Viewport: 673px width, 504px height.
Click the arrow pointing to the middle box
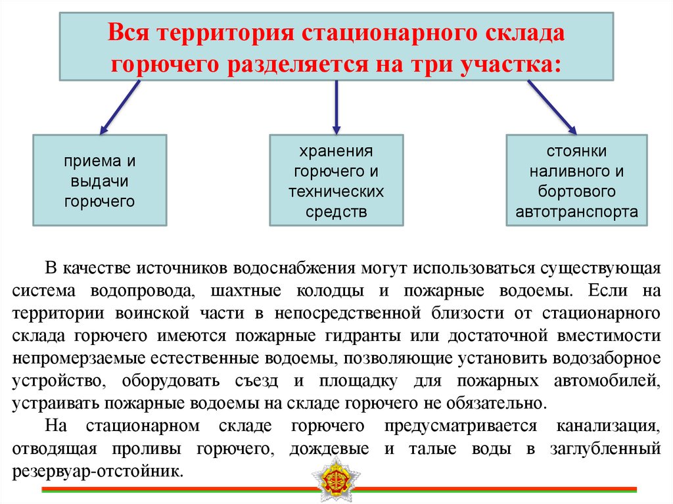click(x=336, y=105)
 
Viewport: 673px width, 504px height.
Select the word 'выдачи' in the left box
click(x=100, y=181)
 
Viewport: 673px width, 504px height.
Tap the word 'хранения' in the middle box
click(x=336, y=152)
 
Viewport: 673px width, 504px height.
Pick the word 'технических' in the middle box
click(x=336, y=192)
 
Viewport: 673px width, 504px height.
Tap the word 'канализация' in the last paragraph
click(x=609, y=426)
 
